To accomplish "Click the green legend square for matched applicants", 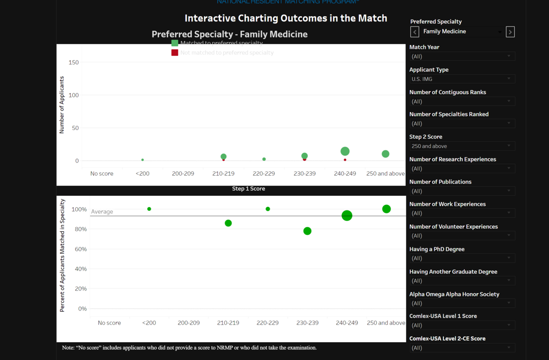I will tap(175, 43).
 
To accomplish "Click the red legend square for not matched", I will tap(175, 53).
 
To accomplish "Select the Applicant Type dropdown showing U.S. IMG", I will tap(462, 79).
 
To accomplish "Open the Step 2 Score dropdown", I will tap(462, 146).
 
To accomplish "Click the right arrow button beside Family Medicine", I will tap(511, 32).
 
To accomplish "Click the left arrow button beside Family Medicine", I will tap(414, 32).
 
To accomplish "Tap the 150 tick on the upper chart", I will tap(74, 63).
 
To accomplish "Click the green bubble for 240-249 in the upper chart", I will tap(345, 151).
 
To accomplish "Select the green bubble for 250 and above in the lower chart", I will tap(387, 209).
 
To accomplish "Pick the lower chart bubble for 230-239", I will tap(307, 231).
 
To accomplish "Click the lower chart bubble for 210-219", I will tap(228, 223).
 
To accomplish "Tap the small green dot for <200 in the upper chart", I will tap(143, 160).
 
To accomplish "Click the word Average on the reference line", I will tap(102, 212).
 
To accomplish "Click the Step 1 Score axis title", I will tap(248, 188).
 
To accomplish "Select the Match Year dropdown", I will tap(462, 57).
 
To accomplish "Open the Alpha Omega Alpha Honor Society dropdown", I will tap(462, 303).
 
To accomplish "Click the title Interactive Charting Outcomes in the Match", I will tap(286, 18).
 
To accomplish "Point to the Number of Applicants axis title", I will tap(62, 105).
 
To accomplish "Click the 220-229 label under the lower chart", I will tap(268, 323).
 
